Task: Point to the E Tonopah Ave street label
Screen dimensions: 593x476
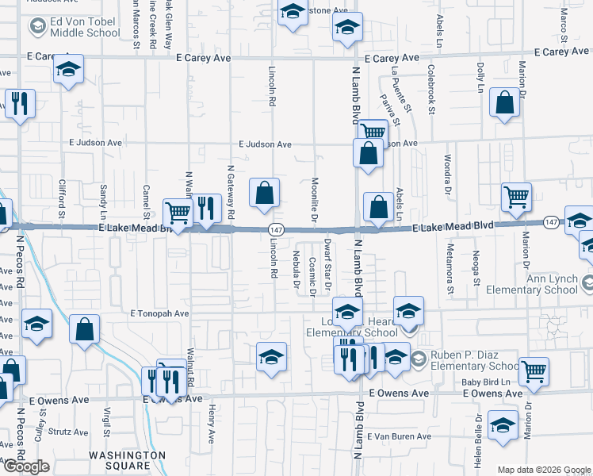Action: click(159, 313)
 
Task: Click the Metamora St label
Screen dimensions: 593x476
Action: click(450, 274)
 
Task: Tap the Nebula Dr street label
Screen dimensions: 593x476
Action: click(296, 268)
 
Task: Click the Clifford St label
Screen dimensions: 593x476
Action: click(62, 199)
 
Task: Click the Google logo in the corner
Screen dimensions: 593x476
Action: click(25, 466)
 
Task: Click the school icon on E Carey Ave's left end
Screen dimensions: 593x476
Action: click(68, 69)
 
